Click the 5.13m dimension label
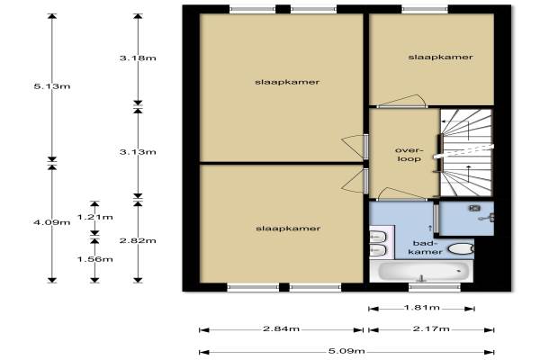[52, 86]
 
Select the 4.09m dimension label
[52, 222]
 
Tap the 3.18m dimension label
[138, 58]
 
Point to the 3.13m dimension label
[138, 152]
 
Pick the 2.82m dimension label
[138, 240]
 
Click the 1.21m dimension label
[95, 217]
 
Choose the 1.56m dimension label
[95, 259]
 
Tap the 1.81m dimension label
[422, 307]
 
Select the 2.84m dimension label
[281, 329]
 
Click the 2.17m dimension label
[431, 329]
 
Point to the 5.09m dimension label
[346, 351]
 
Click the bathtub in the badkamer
[421, 271]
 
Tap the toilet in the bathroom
[461, 248]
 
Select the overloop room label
[409, 154]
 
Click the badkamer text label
[425, 247]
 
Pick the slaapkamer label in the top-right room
[440, 58]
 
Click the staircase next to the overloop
[466, 153]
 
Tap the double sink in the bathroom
[378, 244]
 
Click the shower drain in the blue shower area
[474, 208]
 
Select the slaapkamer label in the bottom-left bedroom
[288, 229]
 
